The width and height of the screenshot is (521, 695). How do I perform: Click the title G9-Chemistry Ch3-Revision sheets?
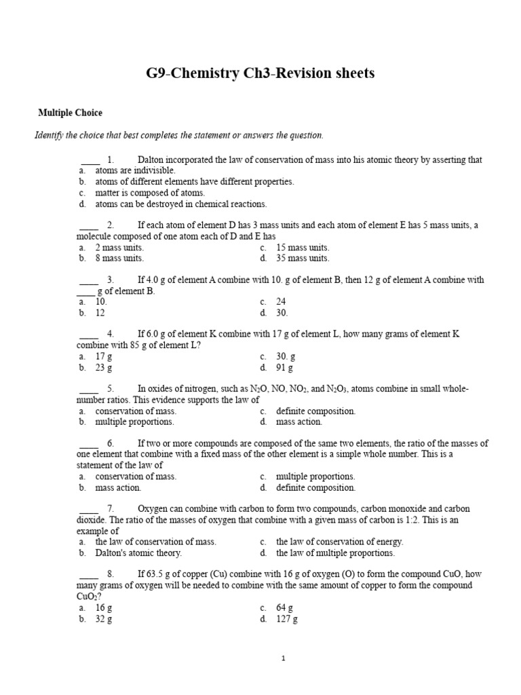tap(260, 73)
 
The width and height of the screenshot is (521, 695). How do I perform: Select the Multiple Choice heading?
tap(70, 113)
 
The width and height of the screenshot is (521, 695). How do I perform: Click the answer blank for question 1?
tap(90, 160)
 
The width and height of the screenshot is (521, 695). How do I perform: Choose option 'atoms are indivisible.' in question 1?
tap(135, 171)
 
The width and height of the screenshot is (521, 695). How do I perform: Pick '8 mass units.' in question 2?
tap(119, 258)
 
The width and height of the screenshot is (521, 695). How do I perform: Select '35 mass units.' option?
tap(303, 258)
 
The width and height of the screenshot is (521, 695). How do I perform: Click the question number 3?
tap(110, 280)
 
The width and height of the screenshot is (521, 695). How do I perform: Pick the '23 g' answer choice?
tap(104, 368)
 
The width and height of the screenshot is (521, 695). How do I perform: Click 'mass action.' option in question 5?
tap(299, 421)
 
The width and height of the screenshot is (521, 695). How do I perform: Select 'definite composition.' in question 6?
tap(315, 487)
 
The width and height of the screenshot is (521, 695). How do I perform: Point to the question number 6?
tap(110, 443)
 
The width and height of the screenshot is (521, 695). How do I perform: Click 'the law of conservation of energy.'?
tap(339, 542)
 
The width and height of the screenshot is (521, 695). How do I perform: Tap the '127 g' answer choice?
tap(287, 619)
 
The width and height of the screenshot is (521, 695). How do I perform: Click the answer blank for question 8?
tap(90, 574)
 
